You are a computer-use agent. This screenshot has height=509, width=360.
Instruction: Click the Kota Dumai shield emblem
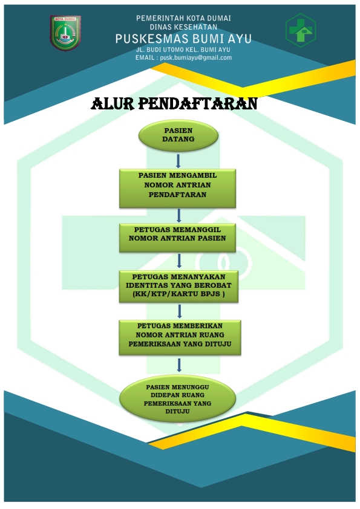click(65, 33)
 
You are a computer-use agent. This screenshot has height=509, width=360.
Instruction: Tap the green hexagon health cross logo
click(301, 30)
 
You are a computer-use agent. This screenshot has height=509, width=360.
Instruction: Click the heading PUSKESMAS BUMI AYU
click(183, 39)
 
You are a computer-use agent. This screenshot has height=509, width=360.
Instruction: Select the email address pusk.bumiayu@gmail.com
click(196, 58)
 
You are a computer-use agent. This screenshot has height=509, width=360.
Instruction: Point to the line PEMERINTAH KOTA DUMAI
click(183, 18)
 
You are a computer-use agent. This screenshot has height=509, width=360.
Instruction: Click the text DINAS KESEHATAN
click(183, 27)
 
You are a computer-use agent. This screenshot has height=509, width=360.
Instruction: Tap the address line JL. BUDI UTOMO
click(183, 50)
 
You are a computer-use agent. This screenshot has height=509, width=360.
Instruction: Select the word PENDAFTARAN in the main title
click(198, 104)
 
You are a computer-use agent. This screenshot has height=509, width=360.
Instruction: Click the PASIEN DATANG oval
click(178, 135)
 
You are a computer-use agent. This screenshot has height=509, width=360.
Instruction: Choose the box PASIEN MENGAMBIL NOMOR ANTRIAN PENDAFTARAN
click(177, 188)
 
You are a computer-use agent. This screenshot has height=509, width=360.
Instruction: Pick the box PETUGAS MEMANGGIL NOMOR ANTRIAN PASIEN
click(177, 238)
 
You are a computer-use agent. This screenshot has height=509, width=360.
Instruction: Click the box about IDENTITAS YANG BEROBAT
click(178, 287)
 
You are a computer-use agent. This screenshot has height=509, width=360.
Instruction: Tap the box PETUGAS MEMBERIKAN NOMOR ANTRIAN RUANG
click(180, 337)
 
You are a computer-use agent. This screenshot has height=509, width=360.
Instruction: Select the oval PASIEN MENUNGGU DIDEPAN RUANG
click(177, 398)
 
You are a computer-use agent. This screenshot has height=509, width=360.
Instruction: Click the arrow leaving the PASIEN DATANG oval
click(178, 161)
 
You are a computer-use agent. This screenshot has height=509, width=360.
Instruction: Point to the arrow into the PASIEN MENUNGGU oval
click(179, 365)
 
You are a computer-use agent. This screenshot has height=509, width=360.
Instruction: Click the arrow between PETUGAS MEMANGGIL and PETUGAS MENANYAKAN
click(179, 261)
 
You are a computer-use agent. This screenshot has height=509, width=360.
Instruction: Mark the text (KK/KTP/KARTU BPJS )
click(178, 294)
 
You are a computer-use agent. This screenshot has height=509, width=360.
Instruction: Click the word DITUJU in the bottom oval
click(177, 411)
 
